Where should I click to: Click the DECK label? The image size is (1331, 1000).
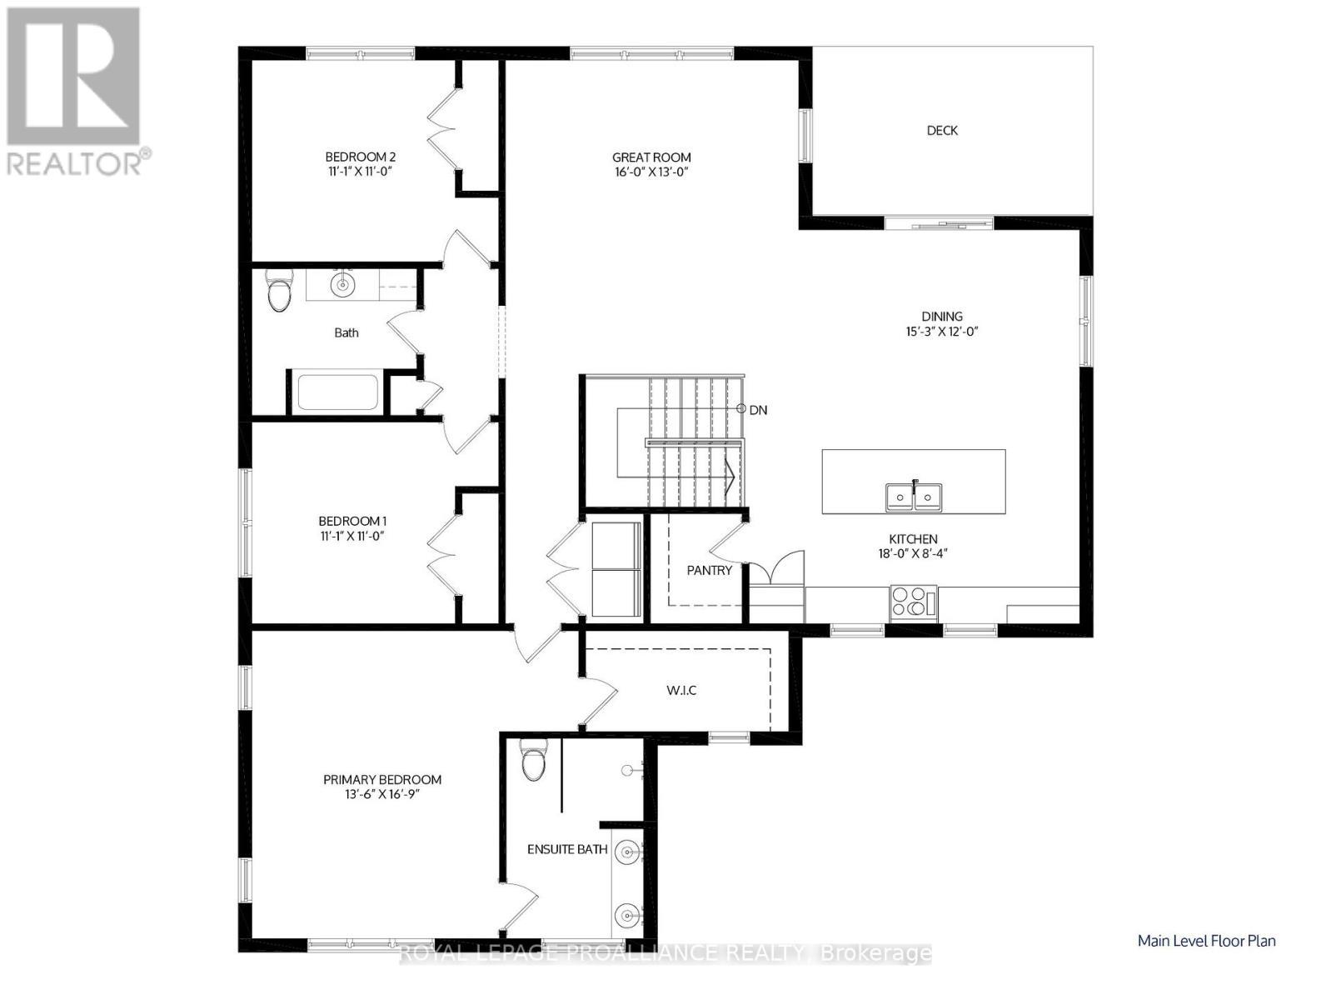(942, 131)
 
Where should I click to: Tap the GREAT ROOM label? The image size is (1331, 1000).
(651, 157)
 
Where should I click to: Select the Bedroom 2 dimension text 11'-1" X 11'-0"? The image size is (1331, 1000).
(360, 172)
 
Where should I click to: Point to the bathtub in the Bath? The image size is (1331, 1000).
(337, 392)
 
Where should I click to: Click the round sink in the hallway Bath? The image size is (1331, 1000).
(341, 285)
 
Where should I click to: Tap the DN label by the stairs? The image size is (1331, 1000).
(758, 410)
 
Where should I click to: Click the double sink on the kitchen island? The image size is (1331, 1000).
(913, 497)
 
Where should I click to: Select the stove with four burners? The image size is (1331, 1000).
(913, 602)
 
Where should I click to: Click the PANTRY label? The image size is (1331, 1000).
(709, 571)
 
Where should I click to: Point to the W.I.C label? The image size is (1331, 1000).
(680, 691)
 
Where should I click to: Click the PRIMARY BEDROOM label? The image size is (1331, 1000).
(382, 780)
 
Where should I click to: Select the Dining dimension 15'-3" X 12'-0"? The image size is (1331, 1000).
(942, 332)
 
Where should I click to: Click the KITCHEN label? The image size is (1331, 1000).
(913, 540)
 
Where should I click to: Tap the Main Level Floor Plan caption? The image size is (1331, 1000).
(1206, 941)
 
